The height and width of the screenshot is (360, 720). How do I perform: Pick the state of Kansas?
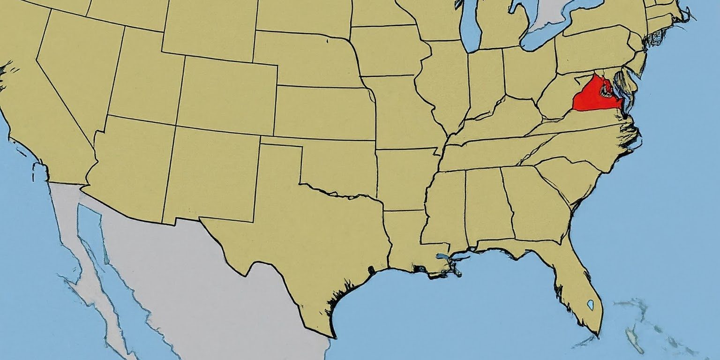tap(323, 112)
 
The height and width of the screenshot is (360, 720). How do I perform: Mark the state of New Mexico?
tap(211, 173)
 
